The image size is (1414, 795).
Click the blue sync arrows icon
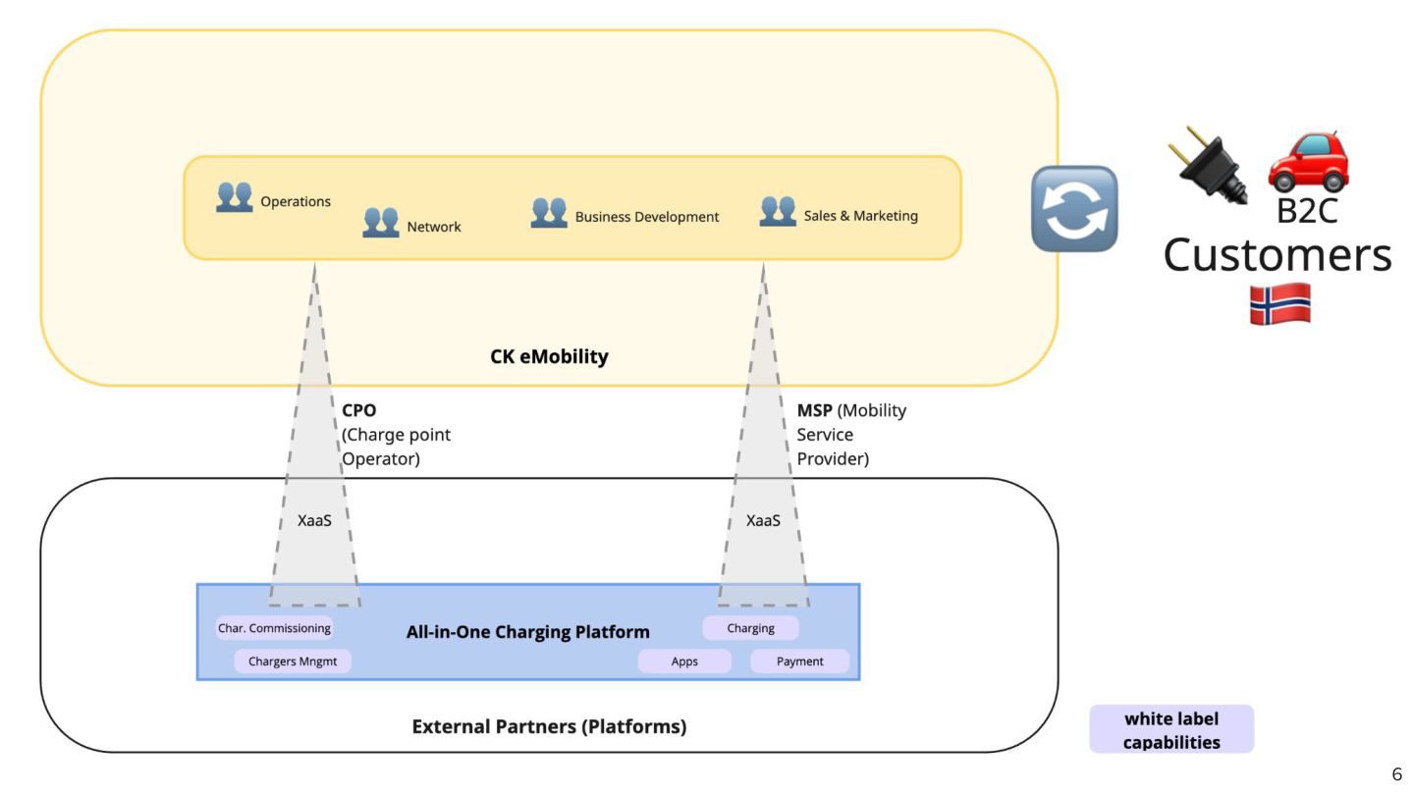[1074, 208]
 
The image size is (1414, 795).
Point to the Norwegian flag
[1279, 303]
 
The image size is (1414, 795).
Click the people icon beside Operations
[235, 197]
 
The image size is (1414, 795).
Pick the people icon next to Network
[381, 222]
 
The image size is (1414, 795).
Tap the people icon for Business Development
[549, 212]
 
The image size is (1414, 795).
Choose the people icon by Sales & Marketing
[778, 211]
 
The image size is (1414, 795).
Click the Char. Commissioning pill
[275, 628]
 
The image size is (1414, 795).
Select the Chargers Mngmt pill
[293, 662]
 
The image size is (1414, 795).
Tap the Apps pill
[684, 662]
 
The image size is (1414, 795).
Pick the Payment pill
[799, 662]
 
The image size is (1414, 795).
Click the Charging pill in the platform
[750, 628]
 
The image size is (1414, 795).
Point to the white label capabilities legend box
[1171, 730]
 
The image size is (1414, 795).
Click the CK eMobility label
[549, 356]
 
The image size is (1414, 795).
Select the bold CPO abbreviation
[359, 410]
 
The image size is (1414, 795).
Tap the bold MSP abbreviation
[814, 410]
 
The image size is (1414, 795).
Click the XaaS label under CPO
[314, 520]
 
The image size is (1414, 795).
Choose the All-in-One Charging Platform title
[528, 632]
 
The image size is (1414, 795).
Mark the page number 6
[1396, 775]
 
